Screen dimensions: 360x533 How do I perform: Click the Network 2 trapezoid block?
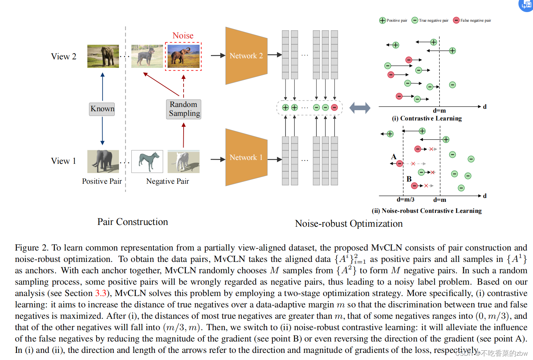[x=246, y=56]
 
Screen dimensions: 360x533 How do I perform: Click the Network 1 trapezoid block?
[x=246, y=157]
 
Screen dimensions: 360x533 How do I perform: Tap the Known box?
[x=102, y=109]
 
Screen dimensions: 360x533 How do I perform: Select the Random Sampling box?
[x=184, y=109]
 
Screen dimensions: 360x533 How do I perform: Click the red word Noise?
[x=183, y=36]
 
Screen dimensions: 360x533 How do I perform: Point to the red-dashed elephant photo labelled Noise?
[x=183, y=56]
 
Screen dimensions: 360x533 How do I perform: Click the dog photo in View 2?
[x=147, y=56]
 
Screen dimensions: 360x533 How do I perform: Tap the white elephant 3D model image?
[x=183, y=161]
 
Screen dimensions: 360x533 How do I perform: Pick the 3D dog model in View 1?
[x=147, y=161]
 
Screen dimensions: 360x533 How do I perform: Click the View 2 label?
[x=64, y=57]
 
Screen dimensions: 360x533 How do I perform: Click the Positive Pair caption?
[x=102, y=181]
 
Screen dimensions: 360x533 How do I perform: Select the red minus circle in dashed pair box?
[x=334, y=108]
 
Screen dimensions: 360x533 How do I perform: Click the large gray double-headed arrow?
[x=360, y=108]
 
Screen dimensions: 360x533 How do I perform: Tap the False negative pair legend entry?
[x=472, y=20]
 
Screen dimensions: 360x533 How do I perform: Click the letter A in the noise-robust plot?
[x=393, y=157]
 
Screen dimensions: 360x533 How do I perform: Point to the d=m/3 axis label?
[x=406, y=200]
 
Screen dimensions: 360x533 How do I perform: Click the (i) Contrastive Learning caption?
[x=427, y=118]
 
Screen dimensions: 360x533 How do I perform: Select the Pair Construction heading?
[x=132, y=222]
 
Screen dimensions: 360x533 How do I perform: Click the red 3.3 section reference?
[x=100, y=293]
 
